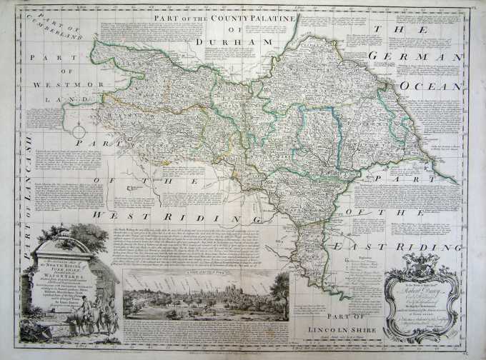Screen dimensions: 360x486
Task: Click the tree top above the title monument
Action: [x=89, y=235]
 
